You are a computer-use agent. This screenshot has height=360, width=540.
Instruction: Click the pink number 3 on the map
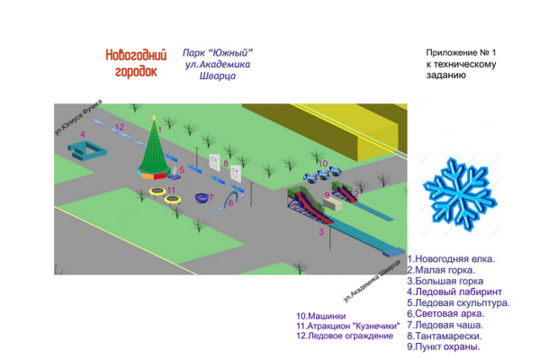tap(321, 231)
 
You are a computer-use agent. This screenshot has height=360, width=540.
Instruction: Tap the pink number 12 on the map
tap(120, 128)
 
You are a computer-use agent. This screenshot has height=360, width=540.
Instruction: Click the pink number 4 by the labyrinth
tap(82, 134)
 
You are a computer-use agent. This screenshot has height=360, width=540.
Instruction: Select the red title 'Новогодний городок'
tap(131, 61)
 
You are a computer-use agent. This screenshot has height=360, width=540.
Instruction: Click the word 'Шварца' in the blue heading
tap(217, 77)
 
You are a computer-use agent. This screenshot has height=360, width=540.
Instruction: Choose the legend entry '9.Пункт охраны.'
tap(444, 346)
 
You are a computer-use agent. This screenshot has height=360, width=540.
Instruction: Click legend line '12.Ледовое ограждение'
tap(345, 336)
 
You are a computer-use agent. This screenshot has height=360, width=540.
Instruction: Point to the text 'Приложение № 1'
tap(463, 53)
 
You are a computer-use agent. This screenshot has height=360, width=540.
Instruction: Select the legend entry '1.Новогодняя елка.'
tap(451, 258)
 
